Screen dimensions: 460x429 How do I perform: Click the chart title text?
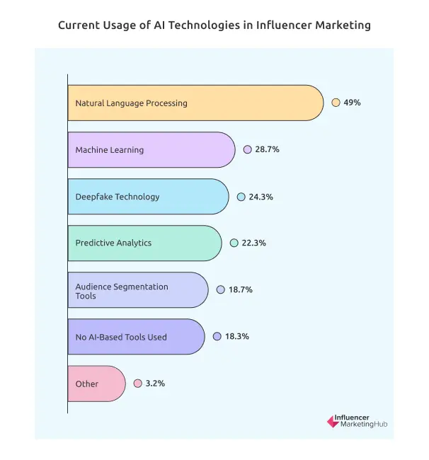[x=214, y=25]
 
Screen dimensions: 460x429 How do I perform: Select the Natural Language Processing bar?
[x=195, y=103]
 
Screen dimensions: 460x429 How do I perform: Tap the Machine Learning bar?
[x=151, y=149]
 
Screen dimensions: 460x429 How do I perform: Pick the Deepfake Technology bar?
[x=148, y=196]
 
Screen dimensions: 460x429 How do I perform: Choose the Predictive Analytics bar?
[x=144, y=243]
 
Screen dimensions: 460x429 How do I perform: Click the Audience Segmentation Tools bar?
[x=138, y=289]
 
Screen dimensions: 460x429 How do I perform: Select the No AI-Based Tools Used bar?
[x=136, y=336]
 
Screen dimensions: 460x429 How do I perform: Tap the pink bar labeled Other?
[x=96, y=383]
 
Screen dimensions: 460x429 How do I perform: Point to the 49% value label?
[x=352, y=103]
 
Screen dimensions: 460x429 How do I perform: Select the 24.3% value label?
[x=260, y=197]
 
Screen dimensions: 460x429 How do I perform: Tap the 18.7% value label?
[x=240, y=290]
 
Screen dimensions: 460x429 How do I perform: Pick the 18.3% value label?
[x=236, y=337]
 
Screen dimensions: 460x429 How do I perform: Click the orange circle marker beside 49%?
[x=336, y=103]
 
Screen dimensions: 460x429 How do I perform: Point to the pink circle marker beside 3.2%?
[x=137, y=384]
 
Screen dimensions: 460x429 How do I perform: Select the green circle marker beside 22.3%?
[x=234, y=243]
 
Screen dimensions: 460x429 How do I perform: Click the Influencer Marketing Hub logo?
[x=357, y=421]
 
